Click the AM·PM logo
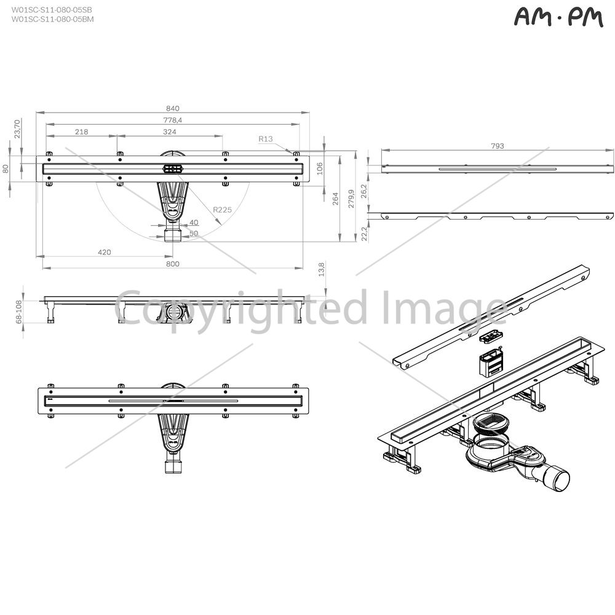558,18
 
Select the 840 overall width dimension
173,108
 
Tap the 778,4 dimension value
173,120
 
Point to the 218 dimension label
82,132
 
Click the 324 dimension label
170,132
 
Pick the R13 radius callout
266,139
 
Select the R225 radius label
223,210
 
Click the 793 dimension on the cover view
498,146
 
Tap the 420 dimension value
105,252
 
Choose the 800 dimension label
173,264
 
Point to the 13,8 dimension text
322,269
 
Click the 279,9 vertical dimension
351,199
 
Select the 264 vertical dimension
336,199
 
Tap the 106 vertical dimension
320,169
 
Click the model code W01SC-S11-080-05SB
52,10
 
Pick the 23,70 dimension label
17,129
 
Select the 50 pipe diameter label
194,233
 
